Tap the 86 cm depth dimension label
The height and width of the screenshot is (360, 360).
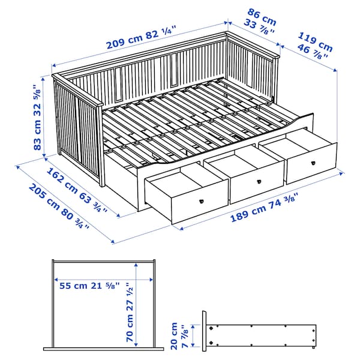(x=259, y=13)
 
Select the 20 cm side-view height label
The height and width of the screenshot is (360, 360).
(x=175, y=329)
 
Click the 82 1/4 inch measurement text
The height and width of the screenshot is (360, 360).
(x=161, y=31)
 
